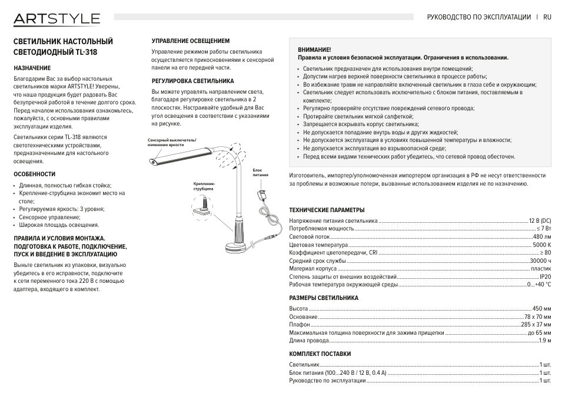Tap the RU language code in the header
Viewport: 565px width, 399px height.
(547, 18)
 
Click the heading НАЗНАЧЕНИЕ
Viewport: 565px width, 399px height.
(32, 68)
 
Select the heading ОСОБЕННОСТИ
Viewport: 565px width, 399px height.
(34, 174)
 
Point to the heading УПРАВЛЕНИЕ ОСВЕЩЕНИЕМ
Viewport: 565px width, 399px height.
(191, 41)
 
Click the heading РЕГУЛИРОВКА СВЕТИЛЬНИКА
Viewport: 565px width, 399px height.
(192, 81)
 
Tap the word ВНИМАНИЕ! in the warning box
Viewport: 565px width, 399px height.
(315, 50)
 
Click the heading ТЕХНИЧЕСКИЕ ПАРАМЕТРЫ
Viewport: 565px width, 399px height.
(327, 210)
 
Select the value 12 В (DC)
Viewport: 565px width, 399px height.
(540, 220)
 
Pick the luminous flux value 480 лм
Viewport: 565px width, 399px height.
(541, 236)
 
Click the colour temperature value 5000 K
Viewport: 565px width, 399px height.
(541, 245)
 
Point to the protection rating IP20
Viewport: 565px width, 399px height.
(545, 276)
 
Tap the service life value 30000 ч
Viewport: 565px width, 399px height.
(540, 260)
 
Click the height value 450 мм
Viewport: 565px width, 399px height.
(541, 308)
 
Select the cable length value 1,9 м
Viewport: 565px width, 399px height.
(545, 340)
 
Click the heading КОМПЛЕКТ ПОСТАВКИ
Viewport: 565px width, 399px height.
(320, 354)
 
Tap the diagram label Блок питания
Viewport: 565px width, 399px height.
(261, 173)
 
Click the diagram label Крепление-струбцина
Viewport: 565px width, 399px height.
(204, 186)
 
